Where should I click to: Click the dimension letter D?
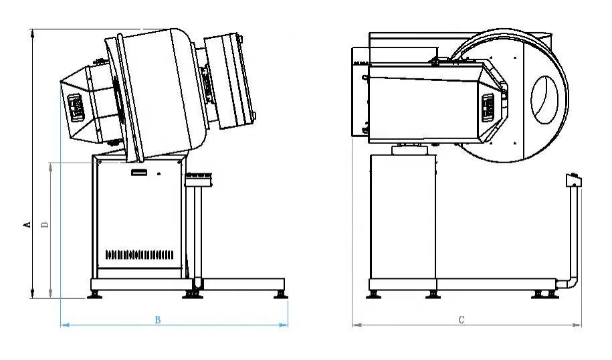click(x=45, y=226)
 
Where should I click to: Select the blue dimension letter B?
click(x=158, y=320)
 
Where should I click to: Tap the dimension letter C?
click(x=462, y=320)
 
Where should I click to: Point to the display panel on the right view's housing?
click(x=488, y=106)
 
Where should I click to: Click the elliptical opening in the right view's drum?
click(x=544, y=98)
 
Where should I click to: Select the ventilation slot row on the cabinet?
click(x=139, y=255)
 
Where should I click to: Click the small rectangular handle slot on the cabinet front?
click(x=139, y=173)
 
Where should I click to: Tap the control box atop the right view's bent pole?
click(x=573, y=179)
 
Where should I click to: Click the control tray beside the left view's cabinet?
click(x=199, y=178)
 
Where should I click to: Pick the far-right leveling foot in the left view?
click(x=277, y=293)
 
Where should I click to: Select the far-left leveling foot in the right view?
click(x=373, y=293)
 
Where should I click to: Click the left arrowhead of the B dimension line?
click(x=64, y=325)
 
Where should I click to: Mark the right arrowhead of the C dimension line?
click(x=579, y=325)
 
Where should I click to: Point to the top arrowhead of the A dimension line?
click(x=32, y=32)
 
